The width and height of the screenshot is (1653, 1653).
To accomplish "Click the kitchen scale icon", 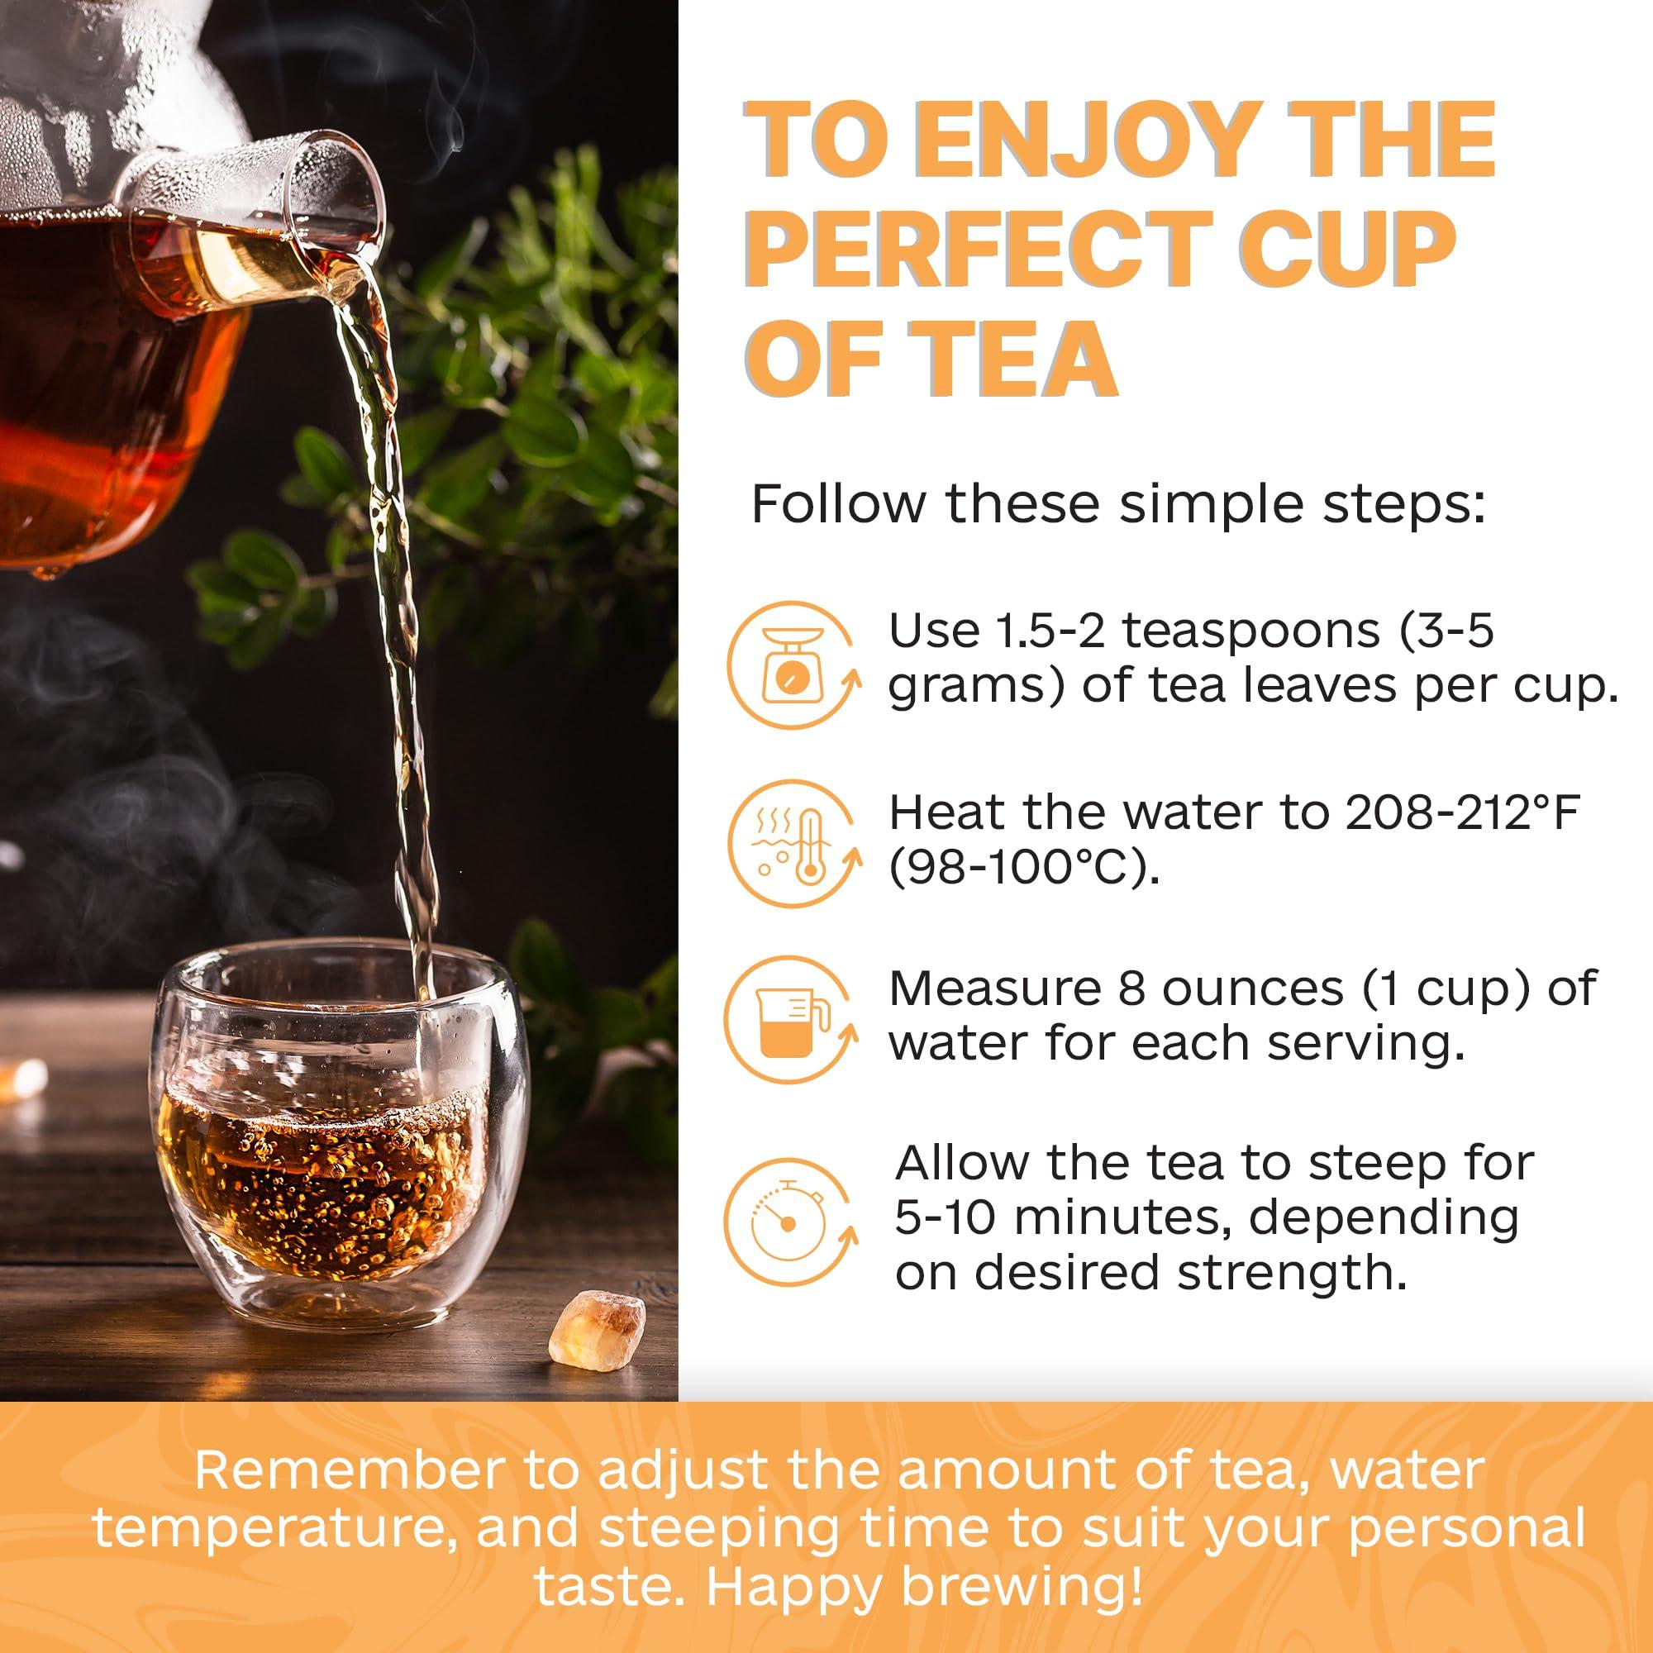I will pyautogui.click(x=791, y=665).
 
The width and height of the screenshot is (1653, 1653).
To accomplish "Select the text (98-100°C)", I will pyautogui.click(x=1024, y=868).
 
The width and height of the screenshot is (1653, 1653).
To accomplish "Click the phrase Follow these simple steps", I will pyautogui.click(x=1117, y=504).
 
